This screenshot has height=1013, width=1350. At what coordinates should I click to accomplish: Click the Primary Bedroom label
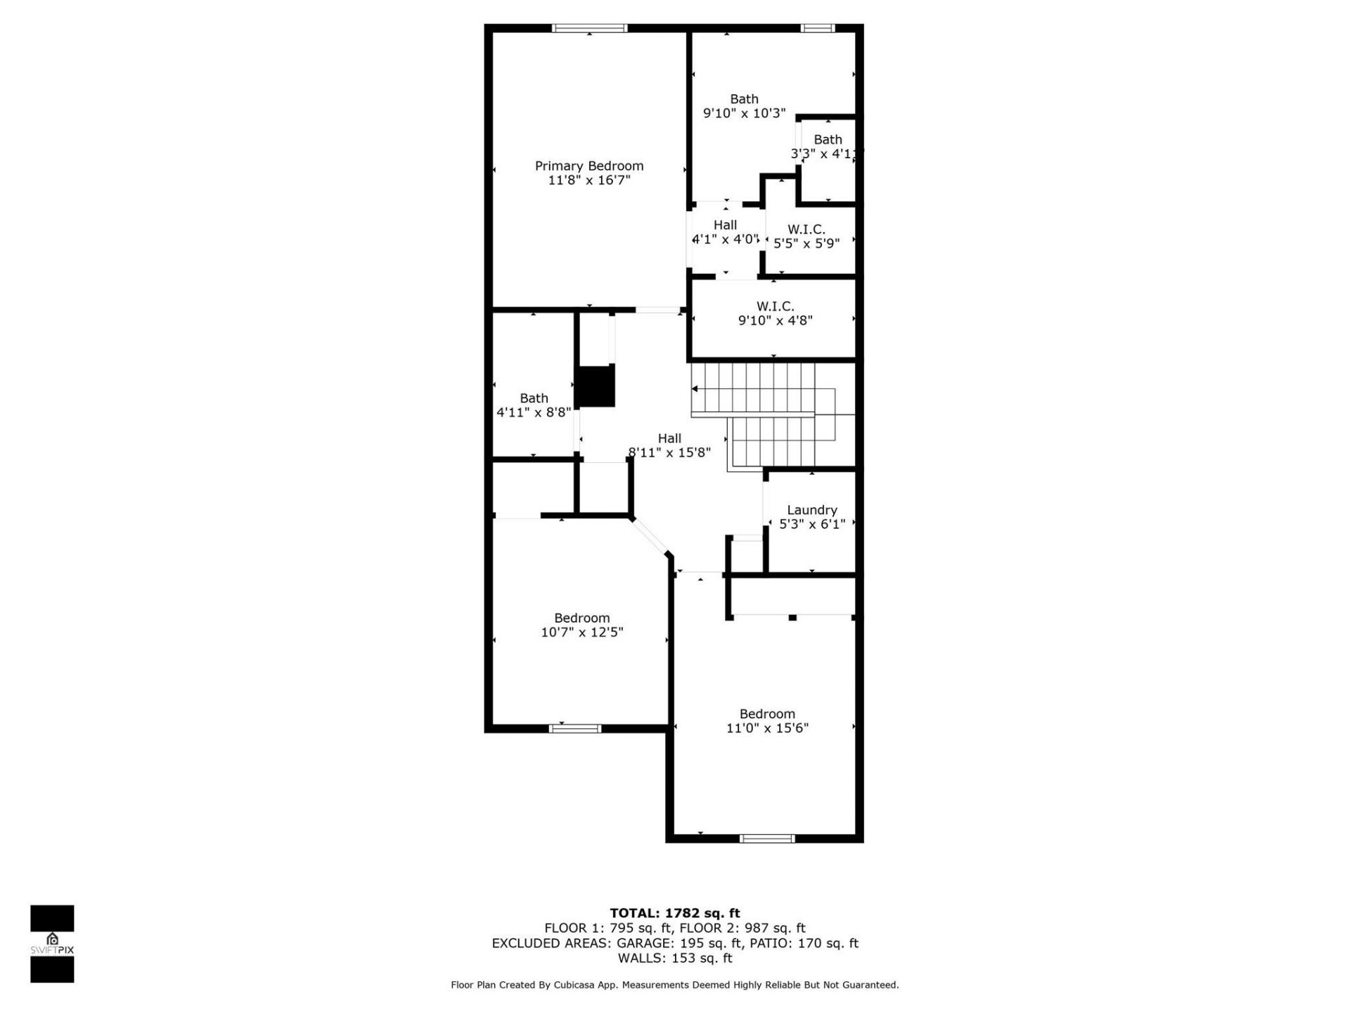click(589, 166)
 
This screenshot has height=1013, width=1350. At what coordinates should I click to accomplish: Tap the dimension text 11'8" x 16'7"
click(589, 180)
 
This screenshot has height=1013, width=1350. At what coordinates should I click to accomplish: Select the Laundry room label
click(811, 510)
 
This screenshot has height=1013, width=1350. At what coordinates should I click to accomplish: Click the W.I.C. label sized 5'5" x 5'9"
click(806, 229)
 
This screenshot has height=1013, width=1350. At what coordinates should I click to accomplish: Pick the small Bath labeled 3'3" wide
click(828, 140)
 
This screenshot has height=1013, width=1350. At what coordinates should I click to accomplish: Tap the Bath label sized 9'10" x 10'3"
click(744, 99)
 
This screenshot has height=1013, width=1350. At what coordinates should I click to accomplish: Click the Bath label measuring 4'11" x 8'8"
click(534, 398)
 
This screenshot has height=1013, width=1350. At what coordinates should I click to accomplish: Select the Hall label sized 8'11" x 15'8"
click(669, 438)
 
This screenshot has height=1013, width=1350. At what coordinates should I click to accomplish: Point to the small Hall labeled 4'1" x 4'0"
click(725, 225)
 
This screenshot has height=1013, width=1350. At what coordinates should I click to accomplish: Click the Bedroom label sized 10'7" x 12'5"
click(581, 618)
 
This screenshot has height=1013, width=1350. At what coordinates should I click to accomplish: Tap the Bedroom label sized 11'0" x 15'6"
click(767, 714)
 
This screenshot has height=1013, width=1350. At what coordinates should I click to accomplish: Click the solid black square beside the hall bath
click(596, 386)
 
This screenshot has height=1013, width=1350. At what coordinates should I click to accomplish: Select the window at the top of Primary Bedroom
click(589, 28)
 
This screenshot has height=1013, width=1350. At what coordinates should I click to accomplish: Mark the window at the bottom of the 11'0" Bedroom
click(767, 838)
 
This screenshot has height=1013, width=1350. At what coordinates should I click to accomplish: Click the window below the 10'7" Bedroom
click(574, 728)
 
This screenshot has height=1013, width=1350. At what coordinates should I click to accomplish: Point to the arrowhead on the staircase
click(695, 388)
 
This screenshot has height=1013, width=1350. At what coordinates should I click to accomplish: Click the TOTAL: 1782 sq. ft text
click(674, 913)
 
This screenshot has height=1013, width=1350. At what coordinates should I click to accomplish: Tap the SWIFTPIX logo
click(52, 943)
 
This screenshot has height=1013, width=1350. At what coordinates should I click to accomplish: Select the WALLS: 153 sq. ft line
click(674, 958)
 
